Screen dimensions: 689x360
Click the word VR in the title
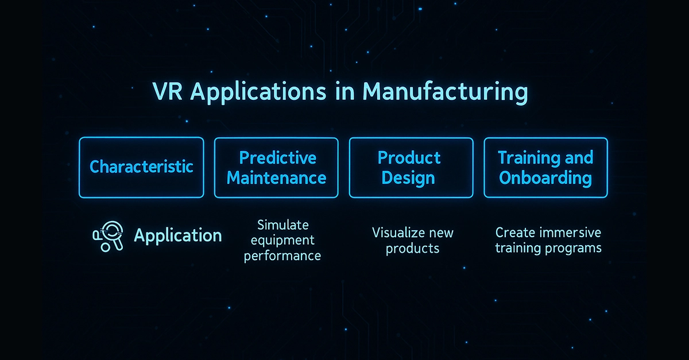coord(167,91)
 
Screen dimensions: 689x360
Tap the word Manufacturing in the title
coord(446,92)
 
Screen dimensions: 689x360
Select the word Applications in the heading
coord(258,92)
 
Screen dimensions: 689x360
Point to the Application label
coord(178,236)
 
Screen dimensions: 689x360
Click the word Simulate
coord(283,225)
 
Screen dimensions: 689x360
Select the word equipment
coord(282,241)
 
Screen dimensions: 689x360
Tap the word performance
coord(282,256)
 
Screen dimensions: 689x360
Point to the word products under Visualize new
coord(412,249)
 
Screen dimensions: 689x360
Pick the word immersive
coord(571,233)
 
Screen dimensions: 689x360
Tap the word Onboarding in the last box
coord(545,178)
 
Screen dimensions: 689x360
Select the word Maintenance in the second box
coord(276,178)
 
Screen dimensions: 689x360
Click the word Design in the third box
coord(408,178)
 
